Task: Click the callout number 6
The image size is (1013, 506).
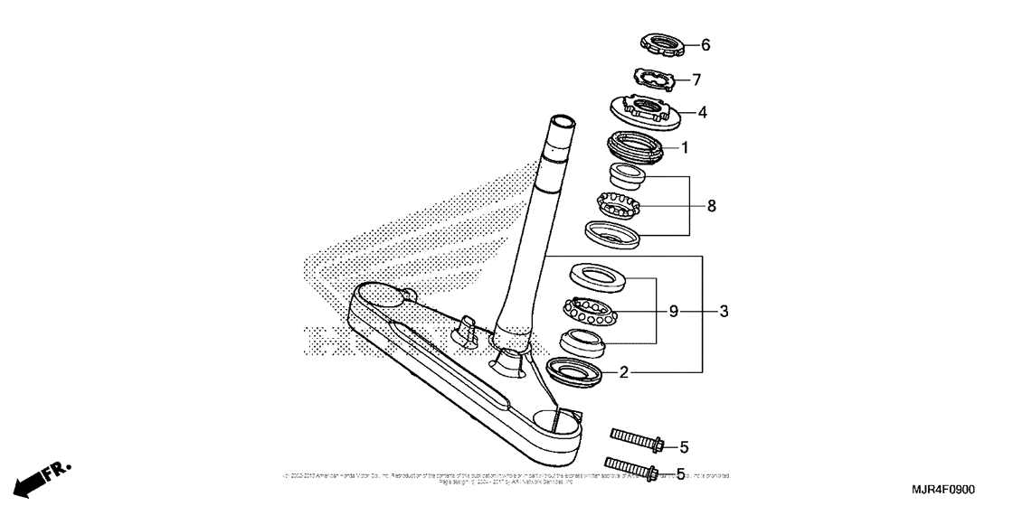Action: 705,44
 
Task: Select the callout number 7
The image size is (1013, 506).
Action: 696,80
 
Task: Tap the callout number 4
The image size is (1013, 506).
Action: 701,113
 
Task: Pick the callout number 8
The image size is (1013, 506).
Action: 712,206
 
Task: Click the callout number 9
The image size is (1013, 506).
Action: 673,312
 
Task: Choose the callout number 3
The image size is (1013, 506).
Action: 724,312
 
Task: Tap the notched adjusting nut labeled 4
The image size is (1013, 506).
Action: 644,111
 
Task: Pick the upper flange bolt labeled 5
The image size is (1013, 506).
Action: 638,442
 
